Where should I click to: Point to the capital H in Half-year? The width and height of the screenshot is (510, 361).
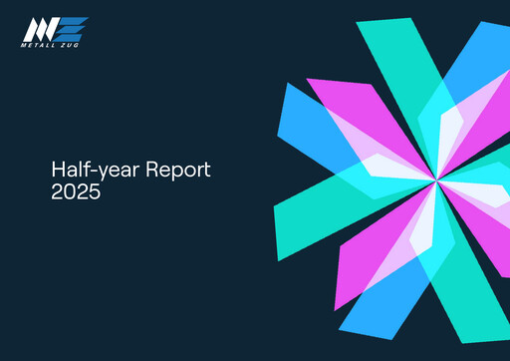click(x=57, y=171)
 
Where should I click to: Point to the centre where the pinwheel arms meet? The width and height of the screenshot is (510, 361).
click(x=435, y=180)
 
